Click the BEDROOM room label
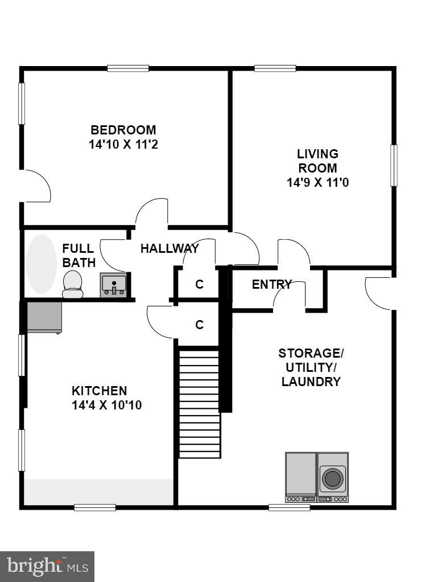pos(123,130)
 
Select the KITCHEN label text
pos(99,391)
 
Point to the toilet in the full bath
pos(72,284)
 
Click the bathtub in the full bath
pos(42,265)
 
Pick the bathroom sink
pos(114,285)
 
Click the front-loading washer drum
pos(332,478)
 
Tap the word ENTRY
pos(271,284)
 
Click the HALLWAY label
pos(170,248)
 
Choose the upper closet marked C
pos(199,284)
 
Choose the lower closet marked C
pos(199,325)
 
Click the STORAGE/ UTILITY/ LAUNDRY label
pos(311,367)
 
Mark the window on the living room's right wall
pos(394,166)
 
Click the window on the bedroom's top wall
pos(128,68)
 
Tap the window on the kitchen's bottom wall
pos(94,507)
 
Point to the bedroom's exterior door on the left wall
pos(34,186)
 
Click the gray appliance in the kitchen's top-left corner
pos(44,317)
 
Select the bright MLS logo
pos(47,566)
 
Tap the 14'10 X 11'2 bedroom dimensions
pos(123,145)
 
